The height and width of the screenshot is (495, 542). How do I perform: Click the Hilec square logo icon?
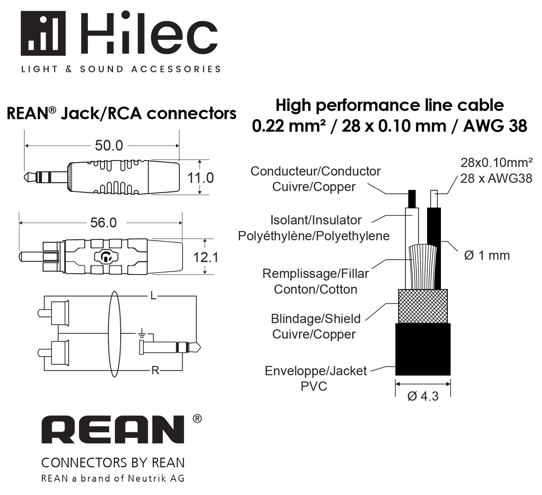(x=43, y=33)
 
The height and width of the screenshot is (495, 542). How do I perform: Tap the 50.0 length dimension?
(x=109, y=146)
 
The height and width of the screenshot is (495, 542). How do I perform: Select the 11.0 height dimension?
(x=200, y=178)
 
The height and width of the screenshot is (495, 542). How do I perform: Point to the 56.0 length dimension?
(x=103, y=223)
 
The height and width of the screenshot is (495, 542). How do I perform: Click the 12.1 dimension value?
(x=206, y=257)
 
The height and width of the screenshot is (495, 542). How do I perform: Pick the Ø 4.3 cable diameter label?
(x=423, y=396)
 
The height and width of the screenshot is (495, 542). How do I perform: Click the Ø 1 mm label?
(x=487, y=255)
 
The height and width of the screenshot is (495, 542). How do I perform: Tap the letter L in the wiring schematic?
(x=154, y=296)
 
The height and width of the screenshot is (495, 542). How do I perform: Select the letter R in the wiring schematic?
(x=155, y=370)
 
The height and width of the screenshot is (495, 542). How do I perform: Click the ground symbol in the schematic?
(x=142, y=334)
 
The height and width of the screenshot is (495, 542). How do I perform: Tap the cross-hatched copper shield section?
(x=423, y=306)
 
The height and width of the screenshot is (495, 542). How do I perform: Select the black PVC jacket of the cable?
(x=423, y=349)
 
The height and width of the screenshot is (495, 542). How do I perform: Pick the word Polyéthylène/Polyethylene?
(x=314, y=236)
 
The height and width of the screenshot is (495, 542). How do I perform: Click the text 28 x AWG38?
(x=496, y=178)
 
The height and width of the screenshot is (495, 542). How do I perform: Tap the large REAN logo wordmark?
(x=113, y=430)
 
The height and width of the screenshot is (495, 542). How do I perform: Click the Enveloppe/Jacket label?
(x=315, y=371)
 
